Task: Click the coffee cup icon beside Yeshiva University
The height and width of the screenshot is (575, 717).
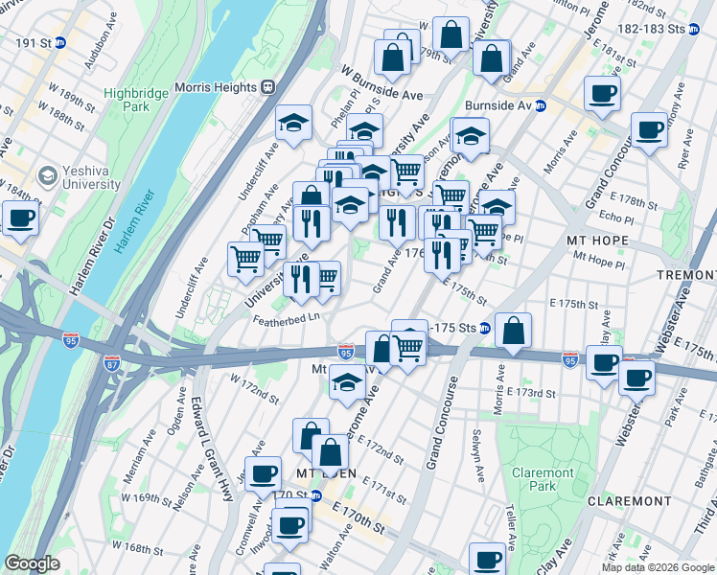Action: click(x=20, y=218)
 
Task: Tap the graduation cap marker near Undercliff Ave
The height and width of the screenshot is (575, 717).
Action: click(x=293, y=123)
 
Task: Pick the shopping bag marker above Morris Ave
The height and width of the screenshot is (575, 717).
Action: click(x=514, y=331)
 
